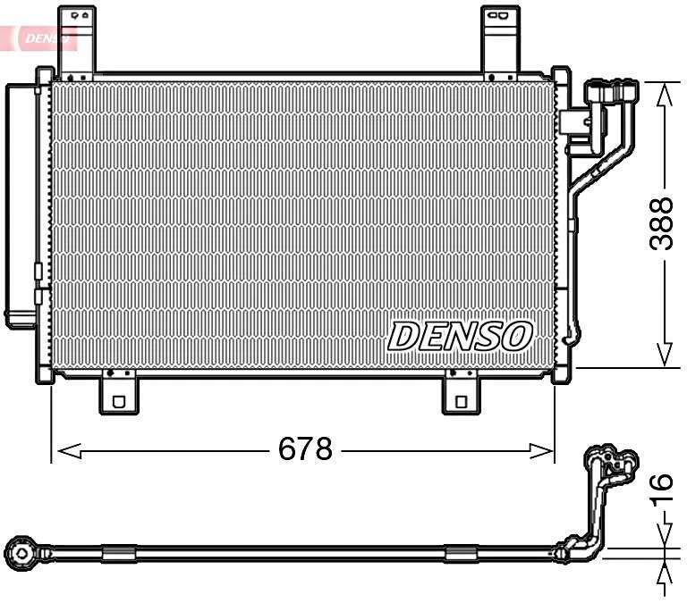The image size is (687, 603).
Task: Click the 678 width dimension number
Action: click(305, 448)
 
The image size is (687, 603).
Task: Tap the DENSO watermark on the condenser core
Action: click(461, 337)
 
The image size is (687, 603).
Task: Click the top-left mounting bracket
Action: click(76, 40)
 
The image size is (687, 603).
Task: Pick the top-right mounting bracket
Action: click(501, 40)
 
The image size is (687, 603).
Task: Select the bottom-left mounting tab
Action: click(117, 393)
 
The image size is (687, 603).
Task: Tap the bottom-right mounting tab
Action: click(462, 393)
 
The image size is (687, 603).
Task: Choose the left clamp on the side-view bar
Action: click(119, 554)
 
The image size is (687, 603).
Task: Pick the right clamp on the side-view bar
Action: click(461, 554)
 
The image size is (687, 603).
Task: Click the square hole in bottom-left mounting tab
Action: click(117, 402)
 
